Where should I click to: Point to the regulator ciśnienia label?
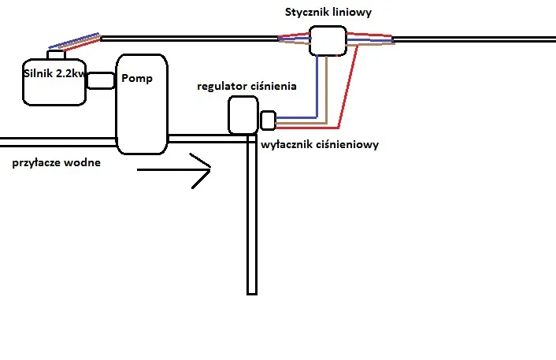[x=246, y=84]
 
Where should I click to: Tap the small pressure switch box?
[x=268, y=121]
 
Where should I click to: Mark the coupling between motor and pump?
[x=101, y=80]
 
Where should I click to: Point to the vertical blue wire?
[x=317, y=87]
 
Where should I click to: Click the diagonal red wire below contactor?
[x=350, y=87]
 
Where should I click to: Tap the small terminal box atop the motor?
[x=57, y=54]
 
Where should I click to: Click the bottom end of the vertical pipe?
[x=252, y=291]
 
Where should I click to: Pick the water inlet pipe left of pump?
[x=55, y=142]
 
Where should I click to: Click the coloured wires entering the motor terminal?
[x=75, y=41]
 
